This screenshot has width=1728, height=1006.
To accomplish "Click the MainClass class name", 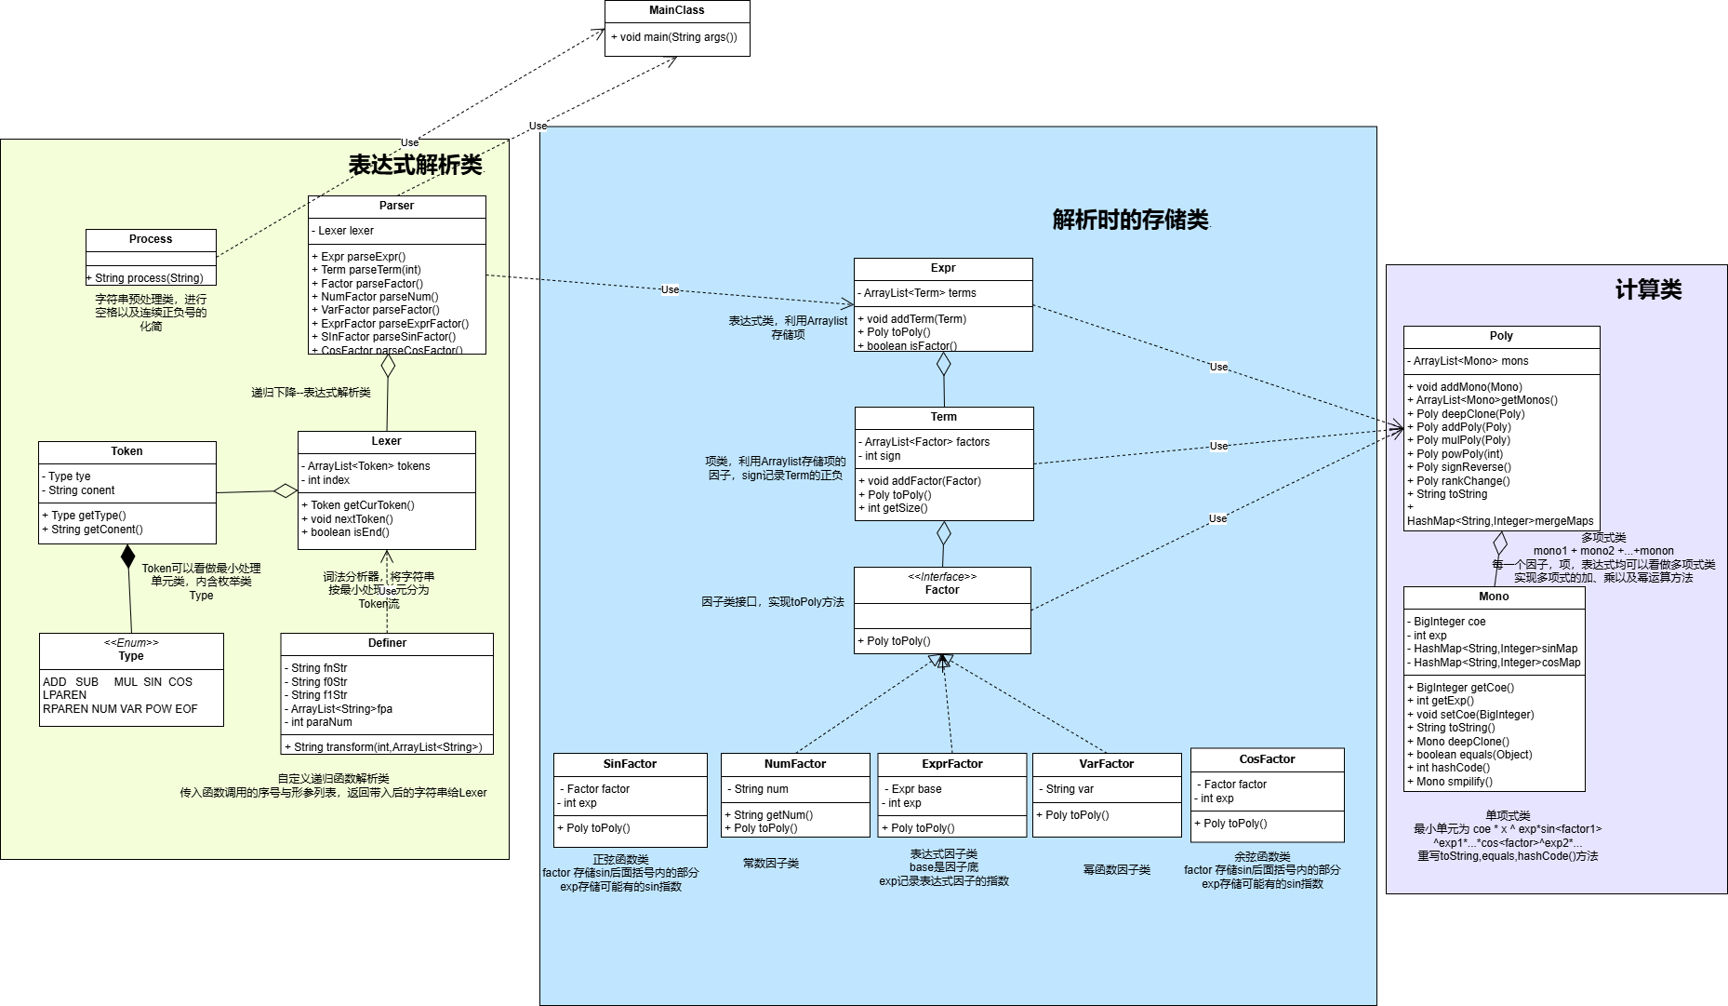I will (x=676, y=11).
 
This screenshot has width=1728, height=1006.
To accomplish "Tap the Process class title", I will (x=151, y=239).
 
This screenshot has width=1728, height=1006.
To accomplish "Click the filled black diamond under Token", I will (x=128, y=557).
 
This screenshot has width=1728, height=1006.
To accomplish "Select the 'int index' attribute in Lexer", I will (x=328, y=480).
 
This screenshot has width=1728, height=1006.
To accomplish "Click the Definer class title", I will (x=387, y=643).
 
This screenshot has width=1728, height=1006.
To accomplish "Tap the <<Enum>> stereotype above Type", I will (x=131, y=643).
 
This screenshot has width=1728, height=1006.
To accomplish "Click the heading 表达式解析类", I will (x=415, y=165).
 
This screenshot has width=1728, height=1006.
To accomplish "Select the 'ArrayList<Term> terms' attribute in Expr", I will (x=919, y=293).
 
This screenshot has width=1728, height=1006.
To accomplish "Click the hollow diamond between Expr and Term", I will (x=943, y=364).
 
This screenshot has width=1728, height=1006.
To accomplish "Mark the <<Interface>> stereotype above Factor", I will (x=942, y=577).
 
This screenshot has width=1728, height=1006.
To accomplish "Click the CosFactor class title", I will (x=1267, y=759).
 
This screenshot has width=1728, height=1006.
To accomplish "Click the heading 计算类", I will (x=1648, y=290).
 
